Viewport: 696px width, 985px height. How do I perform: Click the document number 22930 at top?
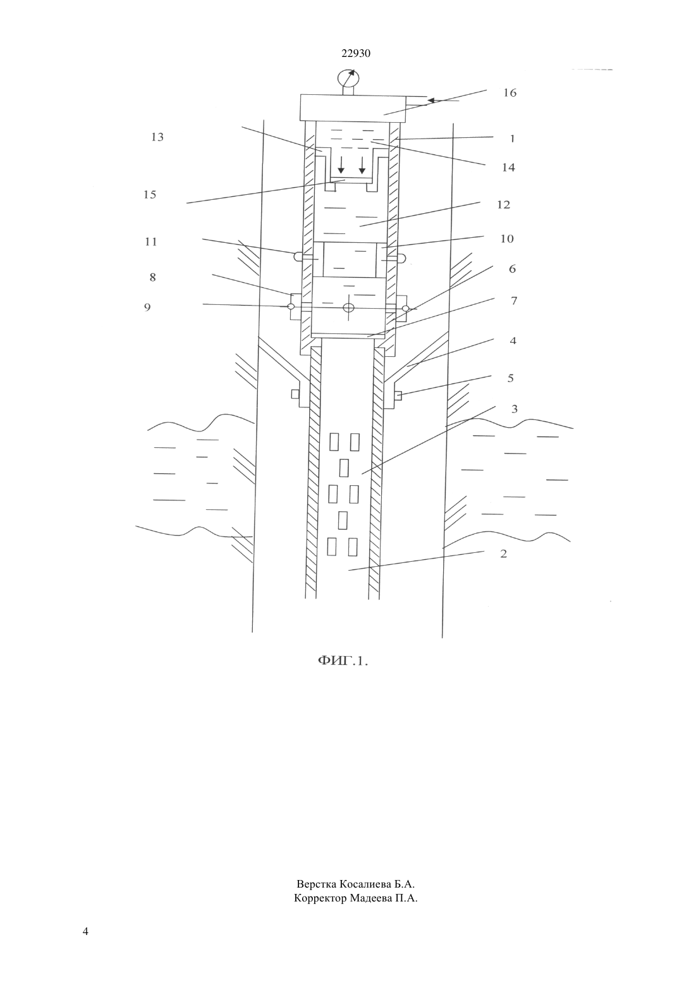pyautogui.click(x=356, y=53)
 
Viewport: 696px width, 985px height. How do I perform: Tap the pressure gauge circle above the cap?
pyautogui.click(x=348, y=78)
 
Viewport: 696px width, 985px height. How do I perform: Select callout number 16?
pyautogui.click(x=510, y=93)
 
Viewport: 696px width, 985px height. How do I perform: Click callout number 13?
pyautogui.click(x=157, y=137)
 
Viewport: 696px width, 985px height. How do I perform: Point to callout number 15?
pyautogui.click(x=150, y=194)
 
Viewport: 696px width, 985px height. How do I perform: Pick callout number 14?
pyautogui.click(x=508, y=168)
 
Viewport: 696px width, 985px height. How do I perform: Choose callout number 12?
pyautogui.click(x=504, y=205)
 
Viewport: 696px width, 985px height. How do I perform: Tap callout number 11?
pyautogui.click(x=150, y=242)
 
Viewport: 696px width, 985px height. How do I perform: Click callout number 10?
pyautogui.click(x=507, y=239)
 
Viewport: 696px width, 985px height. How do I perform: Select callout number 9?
pyautogui.click(x=147, y=307)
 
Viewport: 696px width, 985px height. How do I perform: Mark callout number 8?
pyautogui.click(x=152, y=278)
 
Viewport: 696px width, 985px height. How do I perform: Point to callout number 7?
pyautogui.click(x=514, y=300)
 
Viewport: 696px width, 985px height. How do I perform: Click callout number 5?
pyautogui.click(x=511, y=378)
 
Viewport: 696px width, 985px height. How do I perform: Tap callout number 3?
pyautogui.click(x=514, y=409)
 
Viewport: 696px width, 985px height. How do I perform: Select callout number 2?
pyautogui.click(x=504, y=554)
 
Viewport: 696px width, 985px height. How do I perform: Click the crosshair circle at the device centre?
pyautogui.click(x=349, y=307)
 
